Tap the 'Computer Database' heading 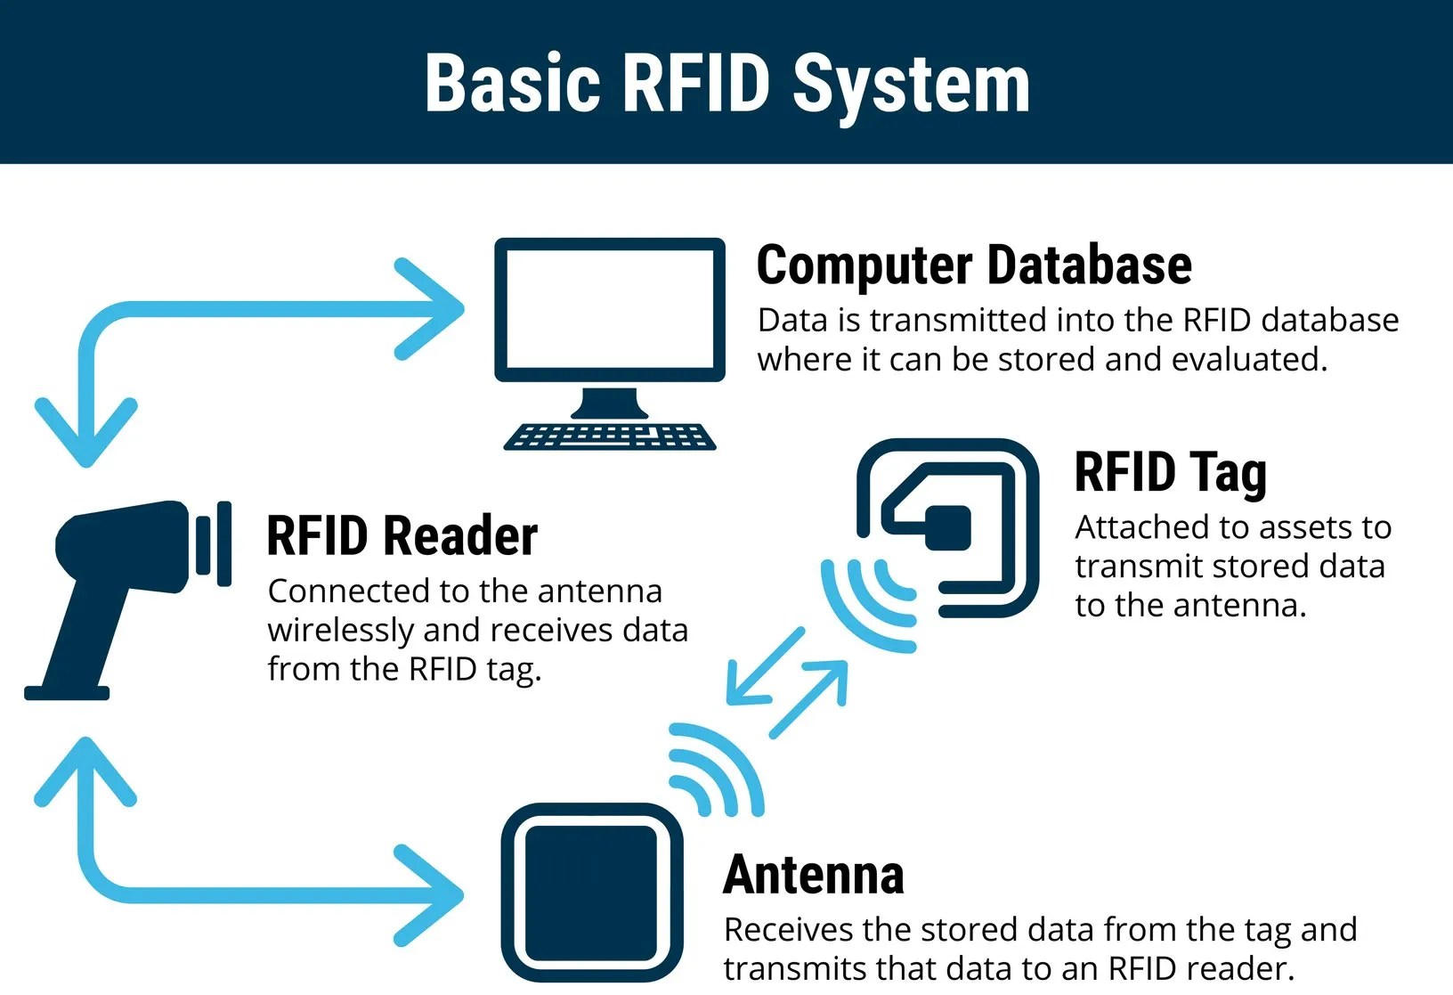[973, 265]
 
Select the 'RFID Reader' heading [402, 536]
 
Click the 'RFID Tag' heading [1170, 472]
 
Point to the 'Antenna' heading [813, 875]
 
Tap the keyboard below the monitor [610, 436]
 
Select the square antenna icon [591, 893]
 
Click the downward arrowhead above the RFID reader [85, 436]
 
